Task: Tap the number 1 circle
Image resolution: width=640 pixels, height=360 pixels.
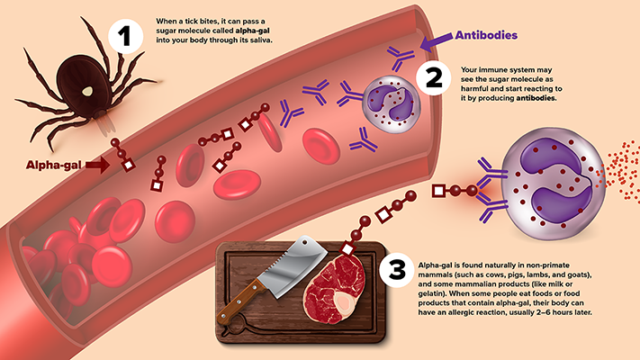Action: coord(122,35)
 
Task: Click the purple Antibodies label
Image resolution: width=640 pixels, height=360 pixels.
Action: coord(486,35)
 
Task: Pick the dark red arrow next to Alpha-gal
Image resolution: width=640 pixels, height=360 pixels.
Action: coord(97,165)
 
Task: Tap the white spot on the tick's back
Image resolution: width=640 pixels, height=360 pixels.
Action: coord(88,90)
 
